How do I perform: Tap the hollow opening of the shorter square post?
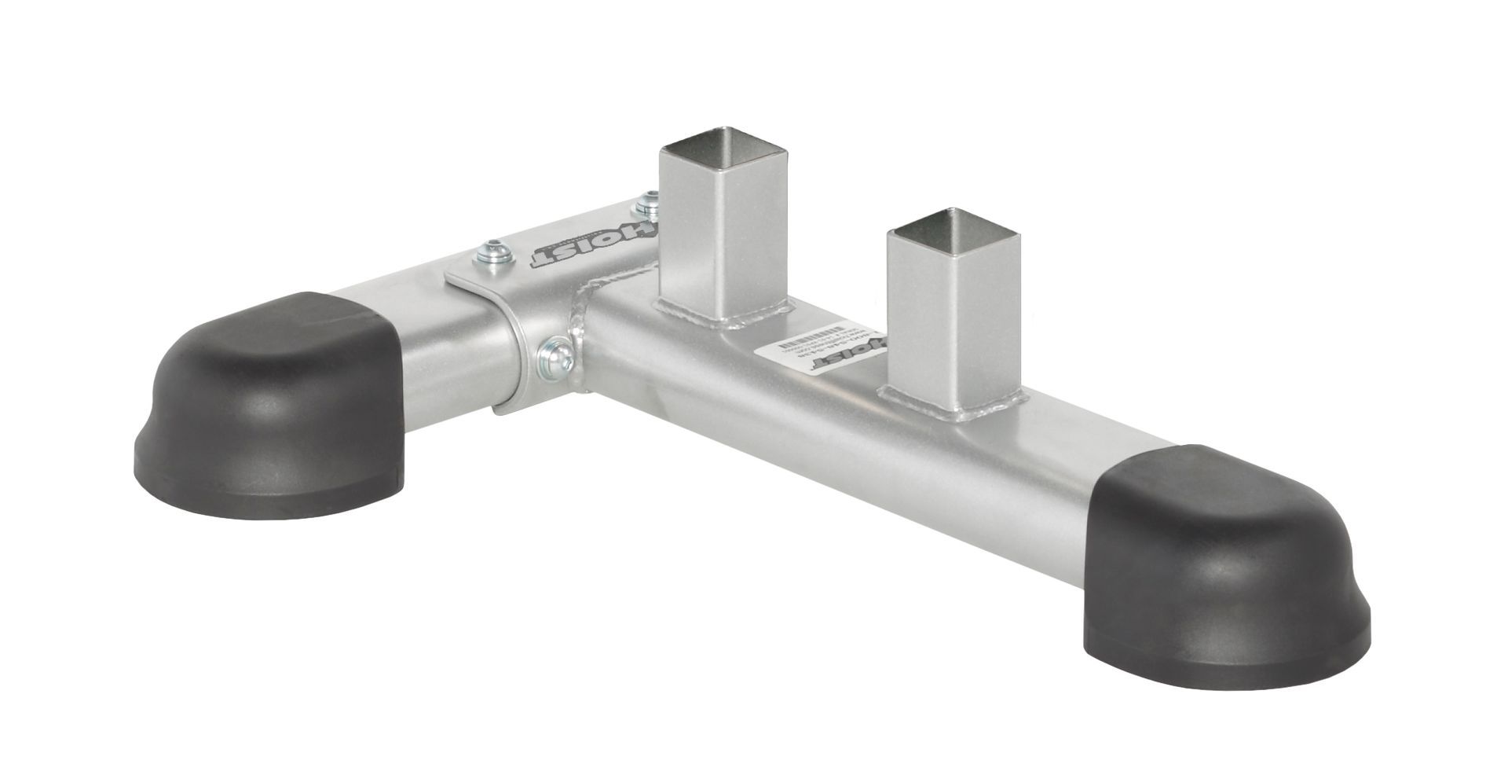click(953, 225)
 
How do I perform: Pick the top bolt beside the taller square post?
click(647, 207)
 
